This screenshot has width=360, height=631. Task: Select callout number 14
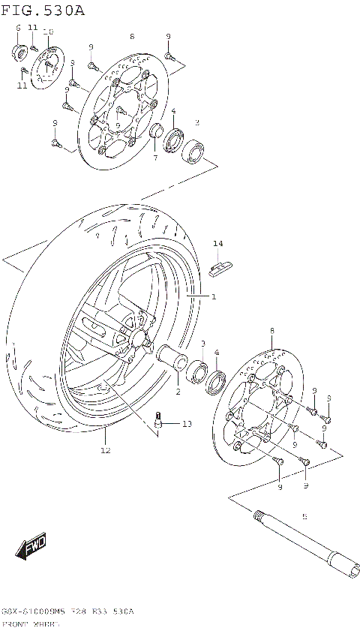pos(217,244)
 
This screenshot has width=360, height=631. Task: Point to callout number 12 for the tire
pos(105,450)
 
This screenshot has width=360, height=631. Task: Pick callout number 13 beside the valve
pos(186,424)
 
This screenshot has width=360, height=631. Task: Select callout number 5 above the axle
pos(304,516)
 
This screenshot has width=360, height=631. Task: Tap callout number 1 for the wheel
pos(213,297)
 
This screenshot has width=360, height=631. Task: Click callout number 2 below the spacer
pos(177,392)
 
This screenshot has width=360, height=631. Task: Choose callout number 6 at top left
pos(18,28)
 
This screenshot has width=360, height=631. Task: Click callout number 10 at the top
pos(49,32)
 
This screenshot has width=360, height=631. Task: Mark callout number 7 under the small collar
pos(154,158)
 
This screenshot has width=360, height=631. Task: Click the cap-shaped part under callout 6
pos(19,51)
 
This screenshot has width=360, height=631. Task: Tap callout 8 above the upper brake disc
pos(131,36)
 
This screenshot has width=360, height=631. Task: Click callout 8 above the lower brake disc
pos(271,330)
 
